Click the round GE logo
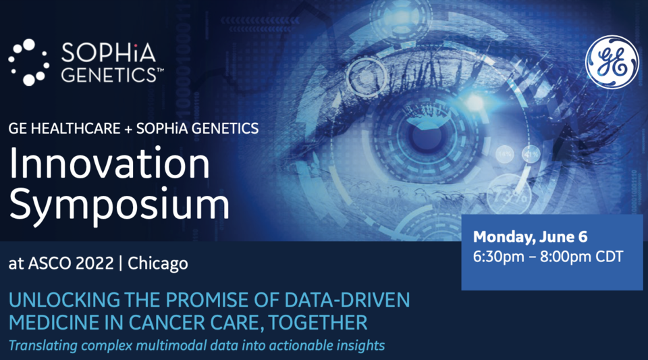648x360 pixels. point(612,61)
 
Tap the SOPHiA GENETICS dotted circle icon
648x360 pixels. point(29,62)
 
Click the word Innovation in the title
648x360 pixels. point(109,163)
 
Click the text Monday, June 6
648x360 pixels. point(531,237)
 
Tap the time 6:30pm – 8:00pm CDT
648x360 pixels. point(548,257)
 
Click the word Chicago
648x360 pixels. point(158,263)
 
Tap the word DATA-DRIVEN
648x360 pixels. point(347,300)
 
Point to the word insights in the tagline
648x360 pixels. point(360,345)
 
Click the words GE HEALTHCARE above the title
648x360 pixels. point(65,128)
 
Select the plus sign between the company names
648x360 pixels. point(128,129)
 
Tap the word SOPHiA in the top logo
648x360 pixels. point(109,53)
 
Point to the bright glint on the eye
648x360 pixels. point(474,102)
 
